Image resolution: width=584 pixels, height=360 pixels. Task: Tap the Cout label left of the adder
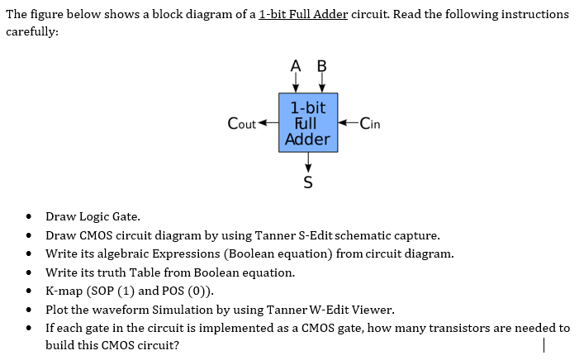241,124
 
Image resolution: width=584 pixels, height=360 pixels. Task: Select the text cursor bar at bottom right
544,346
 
